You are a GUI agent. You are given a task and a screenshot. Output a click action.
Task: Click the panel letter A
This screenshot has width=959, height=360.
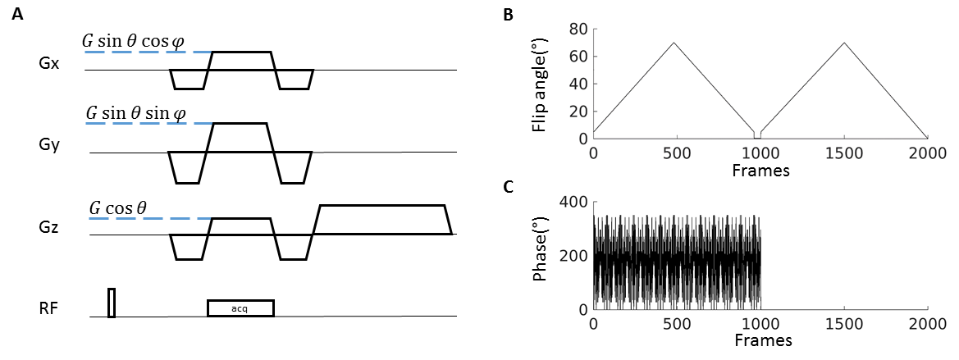18,16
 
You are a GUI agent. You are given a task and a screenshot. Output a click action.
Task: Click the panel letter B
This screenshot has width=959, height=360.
508,16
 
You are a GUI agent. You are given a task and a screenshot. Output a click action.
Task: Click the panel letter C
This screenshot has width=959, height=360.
508,188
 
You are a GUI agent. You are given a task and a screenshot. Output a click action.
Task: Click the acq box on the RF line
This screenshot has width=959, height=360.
240,308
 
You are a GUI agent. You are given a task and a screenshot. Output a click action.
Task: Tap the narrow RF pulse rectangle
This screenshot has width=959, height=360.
112,303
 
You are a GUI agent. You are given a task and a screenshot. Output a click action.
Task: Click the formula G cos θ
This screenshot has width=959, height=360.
117,207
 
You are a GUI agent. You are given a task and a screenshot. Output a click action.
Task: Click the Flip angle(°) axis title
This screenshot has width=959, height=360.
540,84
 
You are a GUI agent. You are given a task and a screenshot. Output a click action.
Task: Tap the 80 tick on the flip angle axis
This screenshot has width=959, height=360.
578,29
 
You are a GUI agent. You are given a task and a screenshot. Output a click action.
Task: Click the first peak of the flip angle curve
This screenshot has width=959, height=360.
674,43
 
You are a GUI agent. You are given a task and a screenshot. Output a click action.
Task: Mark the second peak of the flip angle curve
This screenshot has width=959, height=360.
845,43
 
